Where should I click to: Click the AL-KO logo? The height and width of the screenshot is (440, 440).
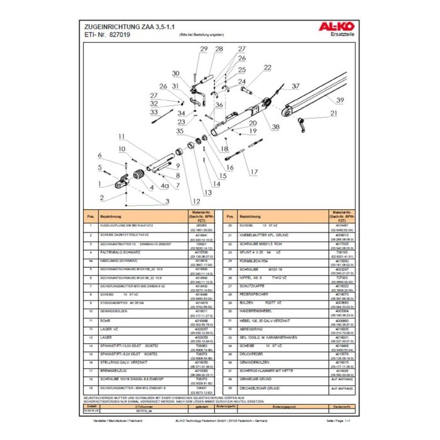pyautogui.click(x=339, y=27)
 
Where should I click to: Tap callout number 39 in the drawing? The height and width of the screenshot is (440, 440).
pyautogui.click(x=339, y=101)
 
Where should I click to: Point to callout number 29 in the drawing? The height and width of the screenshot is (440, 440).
pyautogui.click(x=204, y=49)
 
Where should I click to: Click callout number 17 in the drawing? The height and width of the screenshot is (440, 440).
pyautogui.click(x=254, y=172)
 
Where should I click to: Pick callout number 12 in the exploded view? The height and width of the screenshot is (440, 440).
pyautogui.click(x=197, y=201)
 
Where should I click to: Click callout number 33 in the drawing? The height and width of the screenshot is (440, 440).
pyautogui.click(x=153, y=112)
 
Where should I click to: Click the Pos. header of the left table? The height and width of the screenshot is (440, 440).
pyautogui.click(x=91, y=216)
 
